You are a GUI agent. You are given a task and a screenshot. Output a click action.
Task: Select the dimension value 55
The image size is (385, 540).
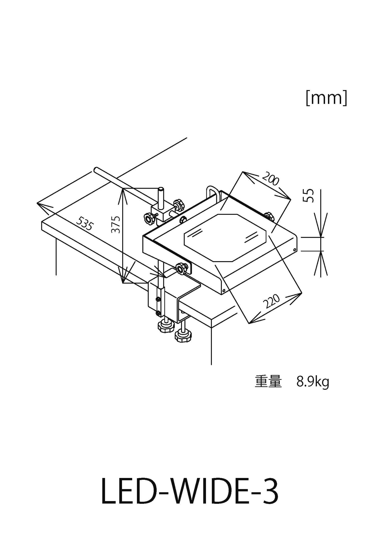(309, 196)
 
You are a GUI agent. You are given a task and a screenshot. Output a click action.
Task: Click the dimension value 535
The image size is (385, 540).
(85, 223)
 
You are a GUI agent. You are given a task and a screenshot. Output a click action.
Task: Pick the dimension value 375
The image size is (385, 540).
(116, 224)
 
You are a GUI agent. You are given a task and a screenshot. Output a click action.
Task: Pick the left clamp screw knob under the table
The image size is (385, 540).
(165, 326)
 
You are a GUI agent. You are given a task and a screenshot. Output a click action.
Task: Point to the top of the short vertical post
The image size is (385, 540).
(161, 189)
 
